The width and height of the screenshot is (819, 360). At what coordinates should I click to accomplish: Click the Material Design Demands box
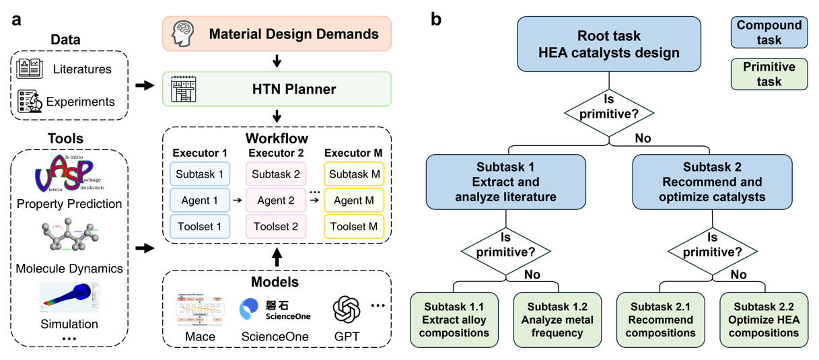point(277,34)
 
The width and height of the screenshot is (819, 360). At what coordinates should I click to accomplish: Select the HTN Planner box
point(277,89)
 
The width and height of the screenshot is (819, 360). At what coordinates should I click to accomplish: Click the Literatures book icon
point(30,69)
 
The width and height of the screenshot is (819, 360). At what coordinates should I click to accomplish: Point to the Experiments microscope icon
point(30,102)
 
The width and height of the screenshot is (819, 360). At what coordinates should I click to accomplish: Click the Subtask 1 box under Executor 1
point(199,174)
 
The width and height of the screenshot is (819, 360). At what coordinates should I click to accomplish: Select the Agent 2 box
point(275,200)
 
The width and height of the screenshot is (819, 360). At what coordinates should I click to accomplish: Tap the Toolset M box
point(354,226)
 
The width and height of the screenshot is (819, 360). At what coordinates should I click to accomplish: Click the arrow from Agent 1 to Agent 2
point(238,200)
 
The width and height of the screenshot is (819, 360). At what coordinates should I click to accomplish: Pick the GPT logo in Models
point(347,310)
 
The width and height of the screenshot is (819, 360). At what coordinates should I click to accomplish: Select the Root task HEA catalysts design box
point(609,44)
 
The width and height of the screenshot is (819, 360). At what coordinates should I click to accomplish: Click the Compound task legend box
point(769,32)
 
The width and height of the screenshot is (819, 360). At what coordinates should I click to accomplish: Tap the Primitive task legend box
point(769,74)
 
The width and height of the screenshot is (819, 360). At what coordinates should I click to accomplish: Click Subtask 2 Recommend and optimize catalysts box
point(713,182)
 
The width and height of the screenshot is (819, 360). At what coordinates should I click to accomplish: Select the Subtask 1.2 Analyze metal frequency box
point(557,319)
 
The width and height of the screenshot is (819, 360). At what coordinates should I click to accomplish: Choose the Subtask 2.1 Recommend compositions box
point(660,319)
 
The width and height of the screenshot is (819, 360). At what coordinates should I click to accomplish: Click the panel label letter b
point(436,19)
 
